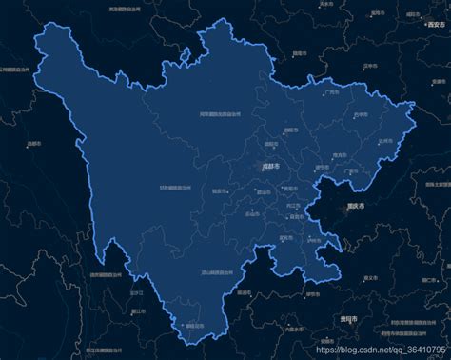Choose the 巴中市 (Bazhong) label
tap(359, 114)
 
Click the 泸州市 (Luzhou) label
tap(314, 239)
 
